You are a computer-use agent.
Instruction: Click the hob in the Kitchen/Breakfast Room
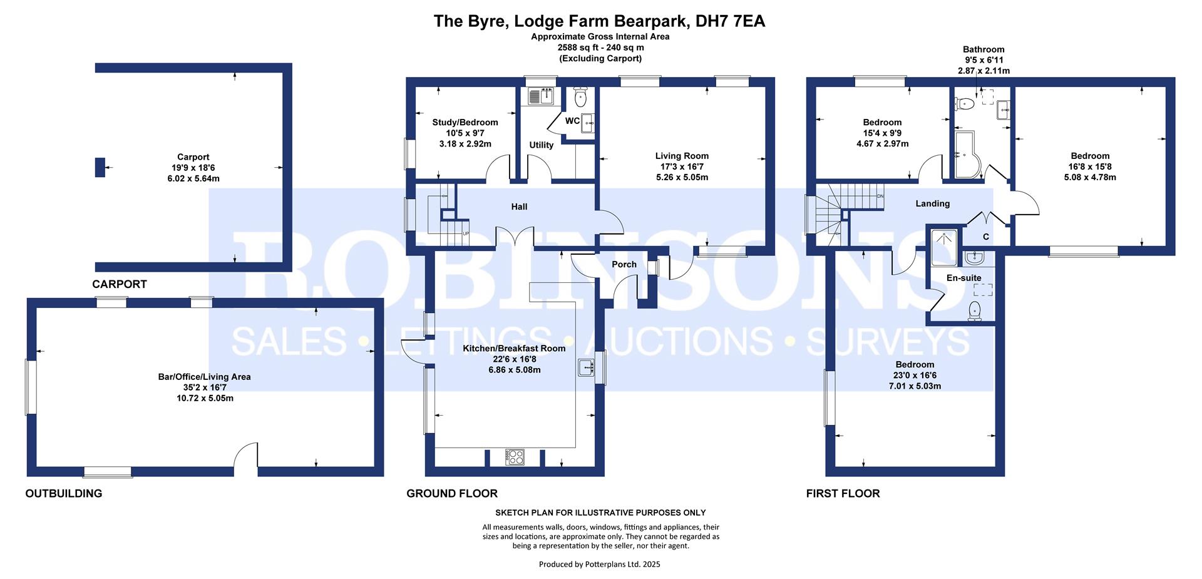515,458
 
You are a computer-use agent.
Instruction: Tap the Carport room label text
193,157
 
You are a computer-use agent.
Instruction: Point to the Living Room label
682,156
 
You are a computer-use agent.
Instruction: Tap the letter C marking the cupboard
986,237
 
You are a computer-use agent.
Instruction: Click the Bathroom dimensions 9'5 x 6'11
984,60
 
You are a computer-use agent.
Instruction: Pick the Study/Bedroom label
465,123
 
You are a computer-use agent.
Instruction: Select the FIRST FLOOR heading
843,493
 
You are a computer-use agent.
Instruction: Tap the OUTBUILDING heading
63,493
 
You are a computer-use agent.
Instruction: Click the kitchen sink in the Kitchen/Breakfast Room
587,367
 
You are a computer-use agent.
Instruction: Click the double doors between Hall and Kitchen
515,238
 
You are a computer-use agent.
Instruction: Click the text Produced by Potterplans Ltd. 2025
599,564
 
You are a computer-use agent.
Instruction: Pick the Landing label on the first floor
932,203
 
